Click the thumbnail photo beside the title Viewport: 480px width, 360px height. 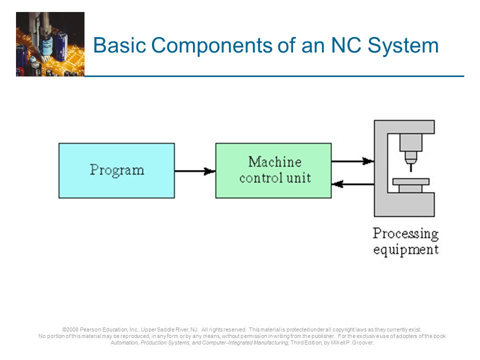[50, 44]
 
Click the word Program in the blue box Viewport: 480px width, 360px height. [117, 170]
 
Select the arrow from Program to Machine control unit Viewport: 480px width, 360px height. [195, 171]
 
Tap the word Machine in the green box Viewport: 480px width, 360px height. [274, 162]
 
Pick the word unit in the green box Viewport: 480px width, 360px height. [300, 177]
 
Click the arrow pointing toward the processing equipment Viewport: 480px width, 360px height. [352, 161]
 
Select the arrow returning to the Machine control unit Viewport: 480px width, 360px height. [352, 184]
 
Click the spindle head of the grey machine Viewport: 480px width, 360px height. [410, 142]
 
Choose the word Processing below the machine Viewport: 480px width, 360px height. [405, 233]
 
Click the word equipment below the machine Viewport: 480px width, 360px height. [405, 249]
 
